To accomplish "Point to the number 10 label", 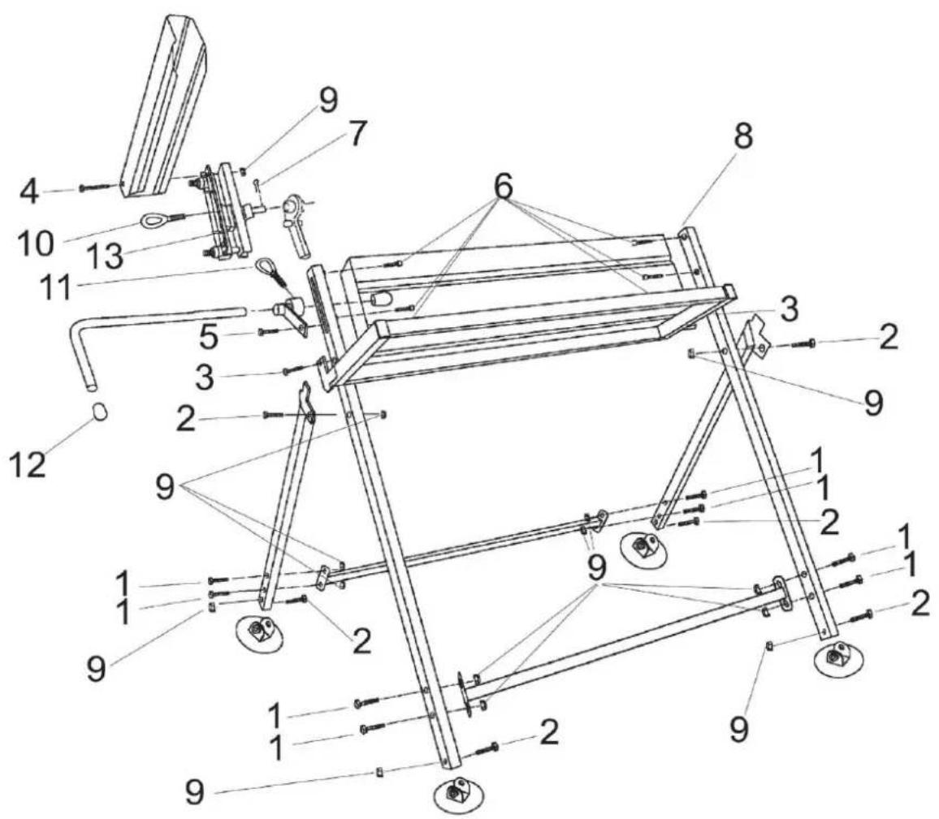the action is click(35, 244).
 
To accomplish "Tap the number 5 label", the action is click(210, 338).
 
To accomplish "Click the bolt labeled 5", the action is click(268, 331).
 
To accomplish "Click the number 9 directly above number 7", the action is click(327, 101).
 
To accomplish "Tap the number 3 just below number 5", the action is click(205, 378).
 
